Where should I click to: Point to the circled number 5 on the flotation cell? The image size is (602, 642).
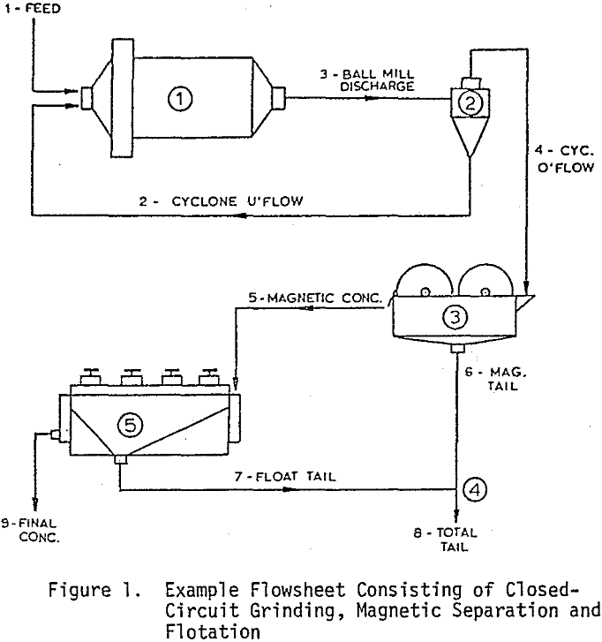click(x=130, y=426)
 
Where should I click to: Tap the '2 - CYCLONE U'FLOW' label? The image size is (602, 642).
click(x=238, y=201)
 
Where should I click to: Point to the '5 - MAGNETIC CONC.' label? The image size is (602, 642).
click(x=317, y=298)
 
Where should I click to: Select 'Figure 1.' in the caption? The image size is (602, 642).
click(x=102, y=589)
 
